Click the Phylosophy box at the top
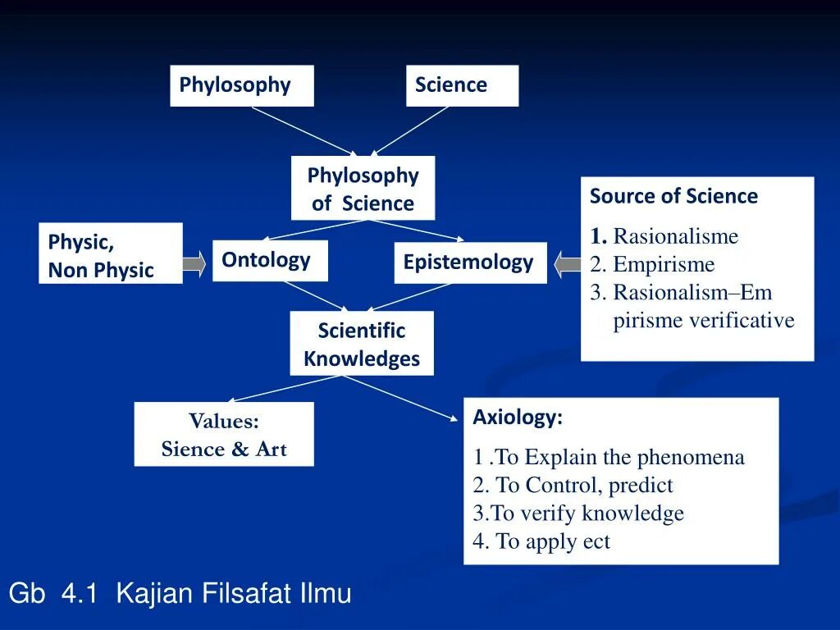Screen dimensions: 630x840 coord(241,85)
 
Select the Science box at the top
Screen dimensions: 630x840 coord(462,85)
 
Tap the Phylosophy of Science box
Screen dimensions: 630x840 coord(363,189)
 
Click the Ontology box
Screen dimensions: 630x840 coord(269,261)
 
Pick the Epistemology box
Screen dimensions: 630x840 coord(469,262)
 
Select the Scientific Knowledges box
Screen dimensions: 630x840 coord(361,344)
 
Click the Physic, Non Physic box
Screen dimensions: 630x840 coord(110,253)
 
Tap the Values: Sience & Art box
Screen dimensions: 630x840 coord(223,434)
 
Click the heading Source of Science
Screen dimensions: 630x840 coord(673,197)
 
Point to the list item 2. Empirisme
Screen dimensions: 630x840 coord(652,265)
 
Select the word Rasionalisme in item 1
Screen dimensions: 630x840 coord(676,237)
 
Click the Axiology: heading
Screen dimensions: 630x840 coord(518,418)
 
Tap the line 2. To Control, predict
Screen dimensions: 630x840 coord(573,486)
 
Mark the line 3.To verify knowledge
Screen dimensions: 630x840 coord(578,514)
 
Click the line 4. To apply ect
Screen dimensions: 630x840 coord(541,541)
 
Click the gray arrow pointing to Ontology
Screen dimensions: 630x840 coord(194,263)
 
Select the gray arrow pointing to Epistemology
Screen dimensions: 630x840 coord(568,265)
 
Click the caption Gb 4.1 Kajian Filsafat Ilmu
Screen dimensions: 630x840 coord(180,593)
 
